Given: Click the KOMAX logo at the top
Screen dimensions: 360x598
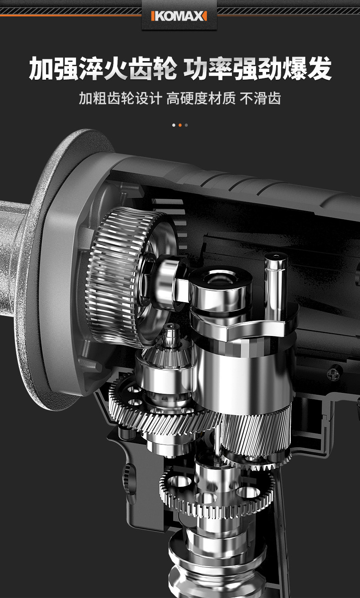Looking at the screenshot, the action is click(x=179, y=16).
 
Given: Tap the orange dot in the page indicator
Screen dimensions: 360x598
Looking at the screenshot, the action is click(x=180, y=125).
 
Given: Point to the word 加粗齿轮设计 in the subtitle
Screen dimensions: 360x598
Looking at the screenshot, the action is click(x=120, y=98).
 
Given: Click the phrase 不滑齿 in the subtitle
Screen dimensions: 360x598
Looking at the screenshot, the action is click(x=261, y=98).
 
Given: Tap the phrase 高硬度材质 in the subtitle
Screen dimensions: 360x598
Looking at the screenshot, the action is click(x=201, y=98).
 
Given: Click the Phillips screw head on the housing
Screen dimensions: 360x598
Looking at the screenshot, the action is click(x=334, y=371).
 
